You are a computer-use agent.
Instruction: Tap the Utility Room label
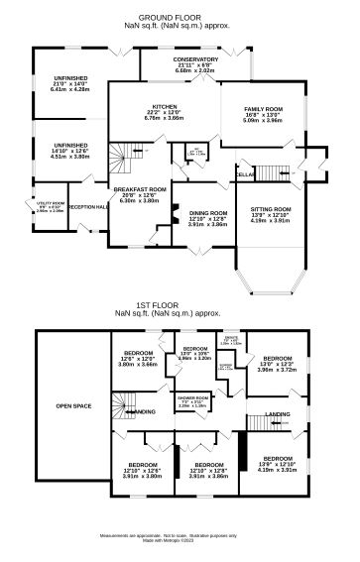[50, 207]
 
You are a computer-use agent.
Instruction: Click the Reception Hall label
[88, 206]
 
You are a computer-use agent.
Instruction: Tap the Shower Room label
[192, 402]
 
